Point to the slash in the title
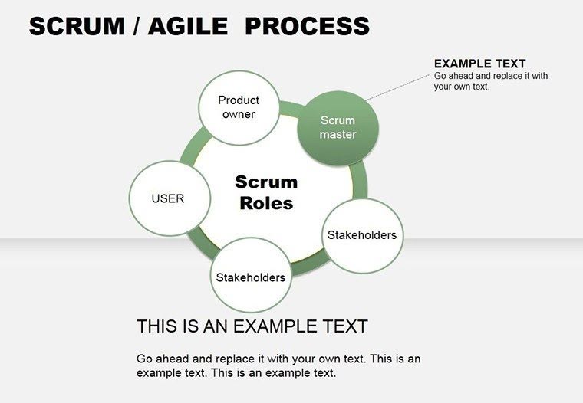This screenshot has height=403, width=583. click(135, 27)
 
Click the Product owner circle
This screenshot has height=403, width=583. click(239, 107)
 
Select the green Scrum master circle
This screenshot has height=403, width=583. click(338, 127)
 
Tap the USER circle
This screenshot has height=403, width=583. click(168, 198)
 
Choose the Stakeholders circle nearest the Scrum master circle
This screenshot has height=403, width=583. click(362, 235)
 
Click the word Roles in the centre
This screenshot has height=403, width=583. click(266, 203)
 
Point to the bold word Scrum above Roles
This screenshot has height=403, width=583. click(266, 182)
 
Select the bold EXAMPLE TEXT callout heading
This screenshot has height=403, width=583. click(479, 64)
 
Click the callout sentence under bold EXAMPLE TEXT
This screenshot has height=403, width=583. click(491, 81)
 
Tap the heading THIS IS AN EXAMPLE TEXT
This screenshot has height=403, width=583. click(252, 326)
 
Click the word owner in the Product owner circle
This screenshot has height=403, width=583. click(239, 114)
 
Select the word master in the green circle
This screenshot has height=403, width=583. click(338, 134)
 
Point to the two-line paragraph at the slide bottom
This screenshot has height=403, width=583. click(278, 366)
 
